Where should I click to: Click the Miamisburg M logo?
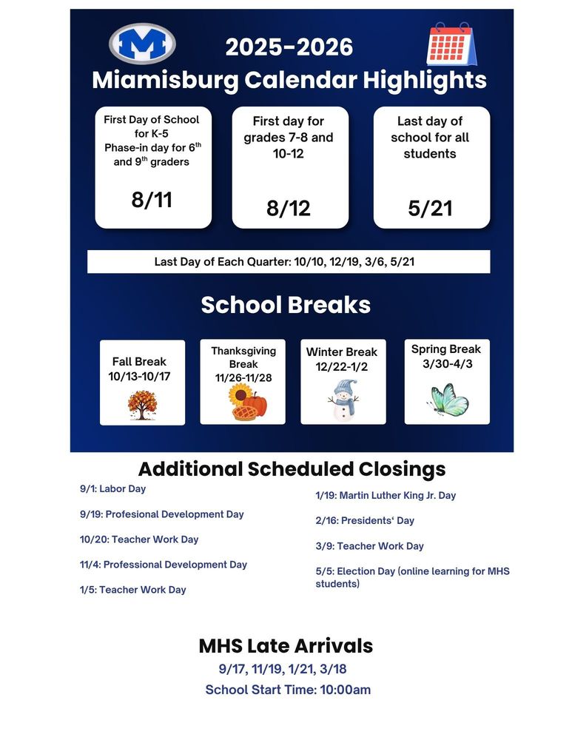[142, 44]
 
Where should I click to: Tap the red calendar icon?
[451, 45]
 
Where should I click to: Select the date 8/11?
[152, 199]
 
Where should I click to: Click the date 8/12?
[289, 208]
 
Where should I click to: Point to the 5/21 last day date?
[430, 208]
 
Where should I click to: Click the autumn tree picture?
[142, 405]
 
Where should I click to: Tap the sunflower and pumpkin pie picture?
[247, 403]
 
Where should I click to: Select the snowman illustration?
[343, 401]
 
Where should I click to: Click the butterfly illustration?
[448, 400]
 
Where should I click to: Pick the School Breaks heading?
[286, 305]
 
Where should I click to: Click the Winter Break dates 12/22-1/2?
[342, 367]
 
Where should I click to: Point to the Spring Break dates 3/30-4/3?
[446, 364]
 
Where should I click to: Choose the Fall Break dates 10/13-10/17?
[139, 376]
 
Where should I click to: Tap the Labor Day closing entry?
[112, 489]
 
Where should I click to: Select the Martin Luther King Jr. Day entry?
[386, 496]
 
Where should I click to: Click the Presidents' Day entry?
[365, 521]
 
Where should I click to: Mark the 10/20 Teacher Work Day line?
[139, 539]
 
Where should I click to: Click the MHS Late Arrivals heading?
[286, 646]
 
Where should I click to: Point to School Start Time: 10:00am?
[288, 690]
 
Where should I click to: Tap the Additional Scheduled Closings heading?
[292, 469]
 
